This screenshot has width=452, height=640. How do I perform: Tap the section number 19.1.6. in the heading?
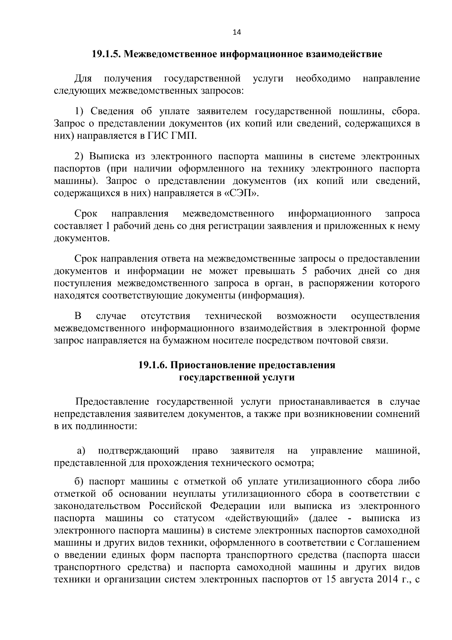[x=153, y=365]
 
